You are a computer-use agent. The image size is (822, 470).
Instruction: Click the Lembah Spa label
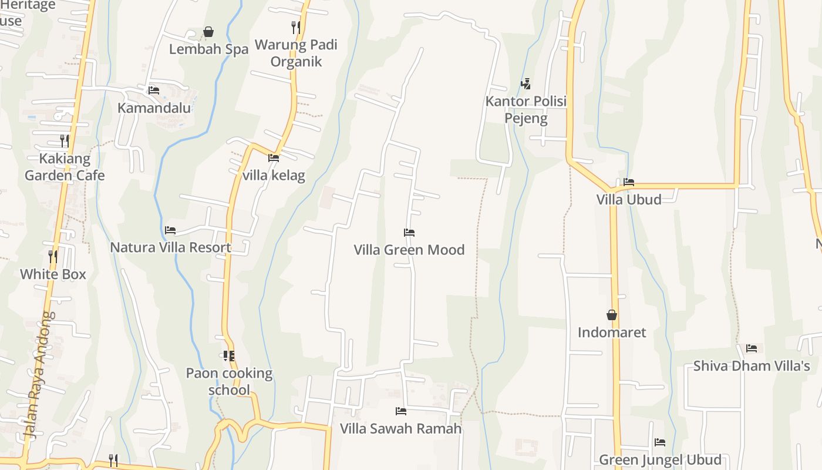pyautogui.click(x=208, y=49)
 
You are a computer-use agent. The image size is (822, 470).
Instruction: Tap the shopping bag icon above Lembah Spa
pyautogui.click(x=208, y=32)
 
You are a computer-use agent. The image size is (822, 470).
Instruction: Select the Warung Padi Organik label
pyautogui.click(x=296, y=53)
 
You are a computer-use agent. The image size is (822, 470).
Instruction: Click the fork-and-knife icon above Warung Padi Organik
pyautogui.click(x=296, y=27)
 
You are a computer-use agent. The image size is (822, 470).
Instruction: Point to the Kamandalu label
pyautogui.click(x=154, y=108)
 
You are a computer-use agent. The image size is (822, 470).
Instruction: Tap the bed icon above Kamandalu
pyautogui.click(x=154, y=90)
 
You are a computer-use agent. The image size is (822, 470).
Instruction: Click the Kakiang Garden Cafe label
pyautogui.click(x=65, y=167)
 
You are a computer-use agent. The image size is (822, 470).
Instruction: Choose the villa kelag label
pyautogui.click(x=274, y=175)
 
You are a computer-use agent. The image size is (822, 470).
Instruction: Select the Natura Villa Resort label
pyautogui.click(x=171, y=247)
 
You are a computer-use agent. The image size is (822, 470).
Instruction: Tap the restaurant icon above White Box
pyautogui.click(x=53, y=256)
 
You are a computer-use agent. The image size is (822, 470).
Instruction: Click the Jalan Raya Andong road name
pyautogui.click(x=40, y=376)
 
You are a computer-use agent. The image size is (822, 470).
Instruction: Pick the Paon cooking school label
pyautogui.click(x=229, y=381)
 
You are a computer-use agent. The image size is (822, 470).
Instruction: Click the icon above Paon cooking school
pyautogui.click(x=228, y=355)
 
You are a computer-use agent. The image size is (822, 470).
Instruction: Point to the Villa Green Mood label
pyautogui.click(x=409, y=250)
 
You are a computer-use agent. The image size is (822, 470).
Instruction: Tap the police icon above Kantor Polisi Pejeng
pyautogui.click(x=525, y=84)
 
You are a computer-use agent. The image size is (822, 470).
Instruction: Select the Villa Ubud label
pyautogui.click(x=629, y=199)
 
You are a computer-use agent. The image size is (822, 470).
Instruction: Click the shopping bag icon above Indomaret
pyautogui.click(x=612, y=315)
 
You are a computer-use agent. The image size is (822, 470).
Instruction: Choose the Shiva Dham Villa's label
pyautogui.click(x=752, y=366)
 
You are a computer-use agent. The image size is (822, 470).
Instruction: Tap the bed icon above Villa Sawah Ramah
pyautogui.click(x=401, y=411)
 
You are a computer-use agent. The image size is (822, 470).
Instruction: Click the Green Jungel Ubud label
pyautogui.click(x=660, y=459)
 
